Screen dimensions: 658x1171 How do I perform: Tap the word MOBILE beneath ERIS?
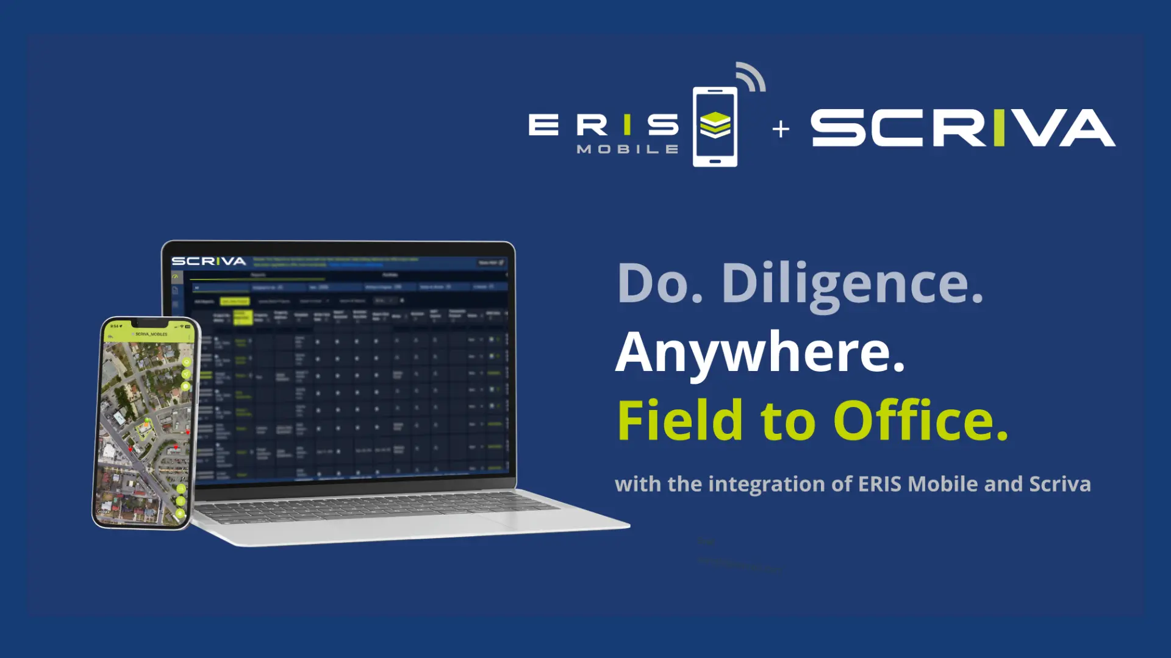click(x=627, y=149)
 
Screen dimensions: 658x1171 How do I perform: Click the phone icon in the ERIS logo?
click(x=715, y=127)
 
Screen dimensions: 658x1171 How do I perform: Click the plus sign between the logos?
click(x=781, y=129)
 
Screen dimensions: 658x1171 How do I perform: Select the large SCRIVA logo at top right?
click(x=962, y=128)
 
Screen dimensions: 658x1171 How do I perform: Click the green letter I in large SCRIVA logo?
click(x=998, y=128)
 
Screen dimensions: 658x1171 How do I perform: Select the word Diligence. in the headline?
click(x=852, y=285)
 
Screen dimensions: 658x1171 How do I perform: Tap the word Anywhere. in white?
click(x=760, y=353)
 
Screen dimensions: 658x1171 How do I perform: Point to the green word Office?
click(x=921, y=420)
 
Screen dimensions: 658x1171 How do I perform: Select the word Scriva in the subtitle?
click(x=1060, y=484)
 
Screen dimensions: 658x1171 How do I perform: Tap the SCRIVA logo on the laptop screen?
click(x=209, y=261)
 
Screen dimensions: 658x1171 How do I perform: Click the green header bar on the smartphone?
click(x=150, y=333)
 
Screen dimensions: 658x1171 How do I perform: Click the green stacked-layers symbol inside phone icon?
click(x=715, y=125)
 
